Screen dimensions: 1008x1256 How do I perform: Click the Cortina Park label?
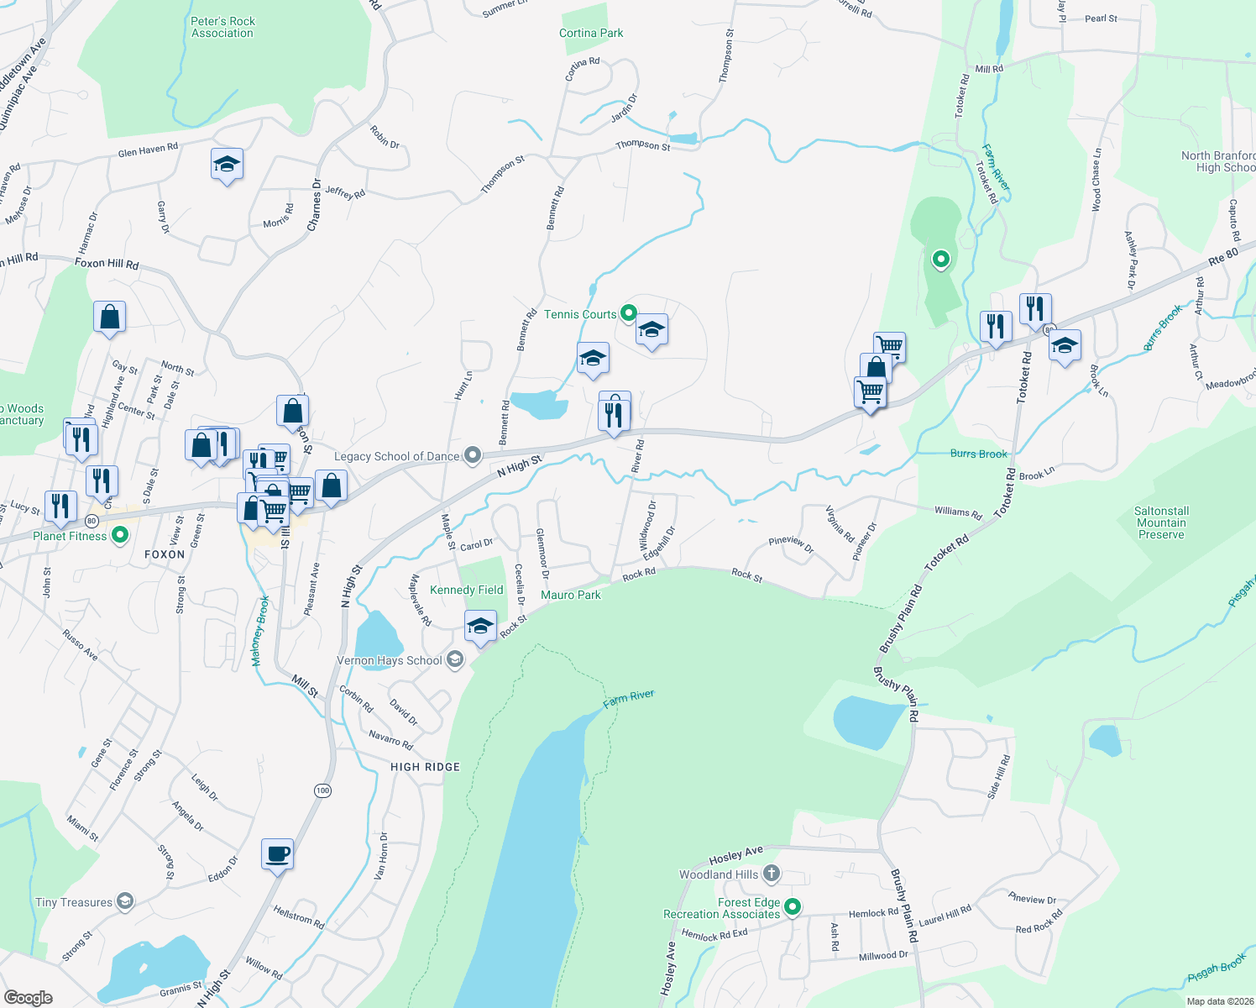(591, 33)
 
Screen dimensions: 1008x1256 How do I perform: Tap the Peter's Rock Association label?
(222, 27)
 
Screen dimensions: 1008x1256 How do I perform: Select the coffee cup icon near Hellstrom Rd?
(277, 854)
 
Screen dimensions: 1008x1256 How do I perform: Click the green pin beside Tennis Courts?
(628, 314)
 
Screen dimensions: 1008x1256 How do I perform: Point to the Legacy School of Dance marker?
(473, 456)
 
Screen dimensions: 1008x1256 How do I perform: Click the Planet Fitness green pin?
(120, 535)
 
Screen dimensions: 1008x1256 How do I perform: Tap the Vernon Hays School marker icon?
(455, 660)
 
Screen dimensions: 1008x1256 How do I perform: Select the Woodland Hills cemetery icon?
(772, 874)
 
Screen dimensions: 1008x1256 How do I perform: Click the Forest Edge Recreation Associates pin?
(792, 907)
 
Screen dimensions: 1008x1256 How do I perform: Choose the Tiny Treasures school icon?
(125, 902)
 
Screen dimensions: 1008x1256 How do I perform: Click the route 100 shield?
(323, 790)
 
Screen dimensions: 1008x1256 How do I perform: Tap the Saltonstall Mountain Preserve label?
(1161, 522)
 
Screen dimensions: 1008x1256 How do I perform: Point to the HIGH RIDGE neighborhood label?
(425, 767)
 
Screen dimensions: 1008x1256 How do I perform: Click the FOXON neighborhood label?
(165, 554)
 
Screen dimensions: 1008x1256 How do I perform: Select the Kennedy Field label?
(466, 590)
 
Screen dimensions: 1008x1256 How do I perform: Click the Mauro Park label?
(571, 595)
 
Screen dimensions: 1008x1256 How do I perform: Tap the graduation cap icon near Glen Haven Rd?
(227, 164)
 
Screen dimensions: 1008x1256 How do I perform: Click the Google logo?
(29, 998)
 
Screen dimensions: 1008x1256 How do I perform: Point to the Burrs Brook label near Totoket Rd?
(978, 454)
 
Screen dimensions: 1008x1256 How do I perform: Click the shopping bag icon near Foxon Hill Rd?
(109, 318)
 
